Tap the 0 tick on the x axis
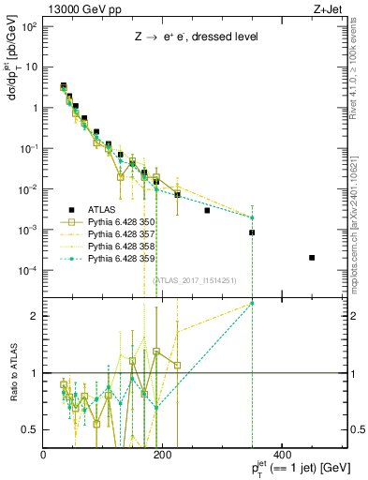pyautogui.click(x=44, y=455)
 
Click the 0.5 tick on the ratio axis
pyautogui.click(x=32, y=429)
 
